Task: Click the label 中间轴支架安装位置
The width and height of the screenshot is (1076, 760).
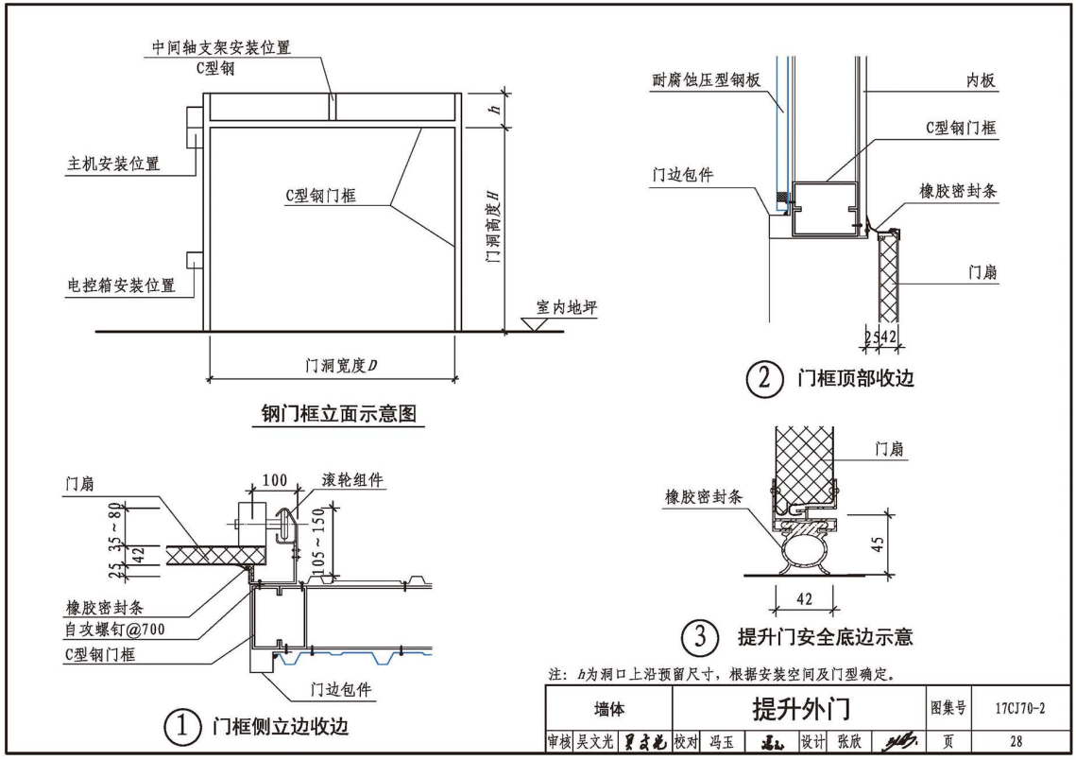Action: (221, 47)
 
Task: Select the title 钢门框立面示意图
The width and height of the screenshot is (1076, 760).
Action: (339, 414)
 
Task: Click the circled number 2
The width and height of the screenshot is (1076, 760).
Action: (765, 379)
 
